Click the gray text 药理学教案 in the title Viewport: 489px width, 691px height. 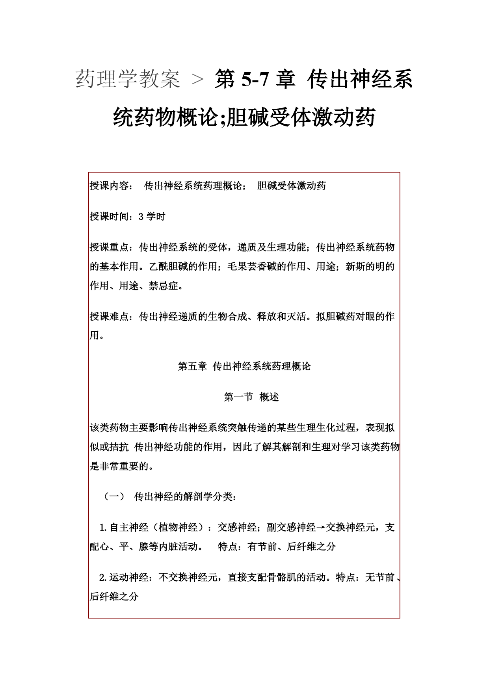pos(128,79)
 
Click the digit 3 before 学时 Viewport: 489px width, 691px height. pos(141,217)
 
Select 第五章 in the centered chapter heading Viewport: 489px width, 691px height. pos(192,366)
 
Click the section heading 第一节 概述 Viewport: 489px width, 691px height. pos(251,397)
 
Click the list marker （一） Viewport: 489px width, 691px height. pos(114,497)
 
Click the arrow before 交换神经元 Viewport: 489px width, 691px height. pos(321,528)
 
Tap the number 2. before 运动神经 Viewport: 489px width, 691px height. pos(103,578)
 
